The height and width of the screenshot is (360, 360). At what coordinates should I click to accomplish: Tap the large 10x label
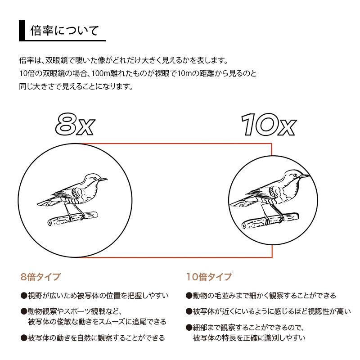click(x=268, y=123)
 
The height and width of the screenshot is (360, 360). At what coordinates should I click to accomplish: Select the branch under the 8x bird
click(x=72, y=218)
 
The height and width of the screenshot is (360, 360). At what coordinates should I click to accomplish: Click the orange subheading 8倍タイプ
click(x=40, y=277)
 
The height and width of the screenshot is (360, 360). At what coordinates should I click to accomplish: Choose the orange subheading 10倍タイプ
click(x=209, y=277)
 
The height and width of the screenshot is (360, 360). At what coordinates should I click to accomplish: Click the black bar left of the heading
click(x=21, y=31)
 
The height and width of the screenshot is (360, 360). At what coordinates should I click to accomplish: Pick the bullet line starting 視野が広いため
click(x=94, y=296)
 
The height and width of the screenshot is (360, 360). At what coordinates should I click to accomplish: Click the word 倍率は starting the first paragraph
click(x=30, y=60)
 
